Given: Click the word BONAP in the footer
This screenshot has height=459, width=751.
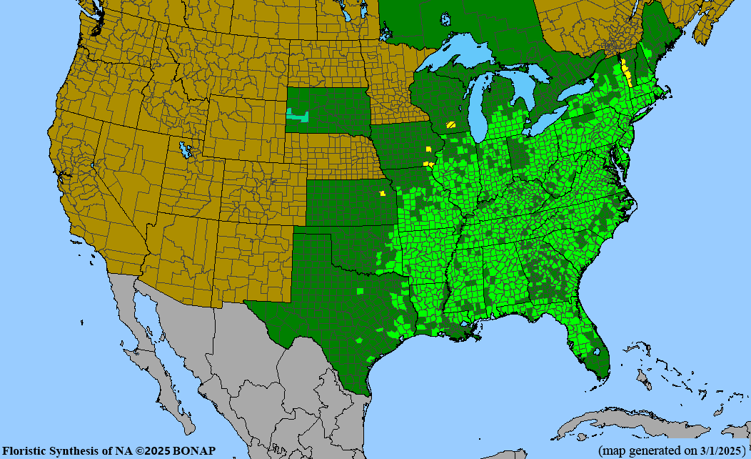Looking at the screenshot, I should tap(194, 451).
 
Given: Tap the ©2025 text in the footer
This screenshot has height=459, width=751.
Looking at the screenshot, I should tap(155, 451).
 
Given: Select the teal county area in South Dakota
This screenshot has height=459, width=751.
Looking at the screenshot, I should tap(296, 114).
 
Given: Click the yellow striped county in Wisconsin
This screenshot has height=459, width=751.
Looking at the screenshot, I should tap(451, 124).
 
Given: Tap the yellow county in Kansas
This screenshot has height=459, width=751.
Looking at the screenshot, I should tap(383, 193).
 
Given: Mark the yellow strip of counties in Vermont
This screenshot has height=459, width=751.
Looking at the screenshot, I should tap(626, 71).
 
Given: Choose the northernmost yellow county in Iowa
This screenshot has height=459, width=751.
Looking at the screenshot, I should tap(428, 149).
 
